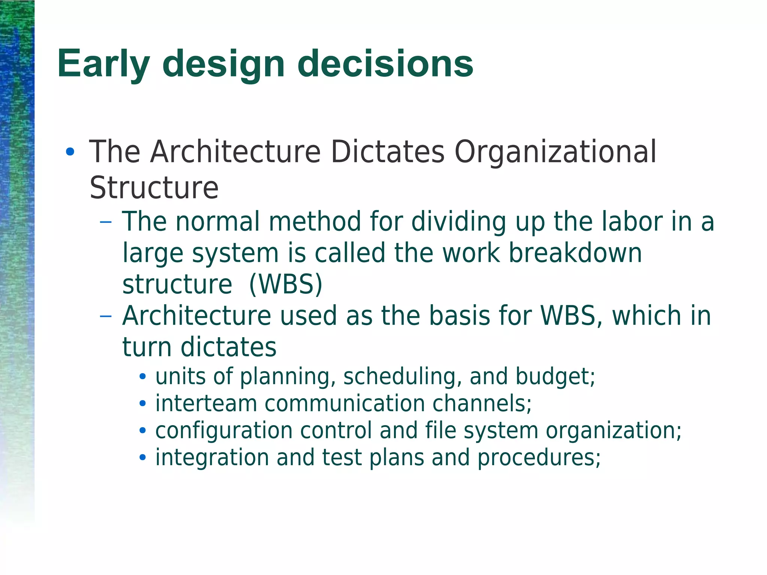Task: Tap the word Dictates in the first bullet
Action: [x=388, y=152]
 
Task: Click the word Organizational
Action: [x=555, y=152]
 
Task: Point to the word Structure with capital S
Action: [x=154, y=188]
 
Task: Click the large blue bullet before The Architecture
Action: [x=70, y=152]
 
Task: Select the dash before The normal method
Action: [x=106, y=222]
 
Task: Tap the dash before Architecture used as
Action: [x=106, y=316]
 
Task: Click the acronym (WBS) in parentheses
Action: [x=285, y=285]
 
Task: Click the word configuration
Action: [x=224, y=431]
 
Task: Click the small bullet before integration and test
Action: [x=142, y=458]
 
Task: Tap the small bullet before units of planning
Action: [x=142, y=377]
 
